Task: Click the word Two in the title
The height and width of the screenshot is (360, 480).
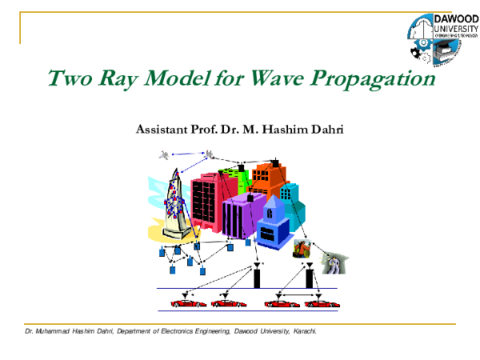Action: point(67,80)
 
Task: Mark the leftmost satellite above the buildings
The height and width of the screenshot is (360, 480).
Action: point(165,154)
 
